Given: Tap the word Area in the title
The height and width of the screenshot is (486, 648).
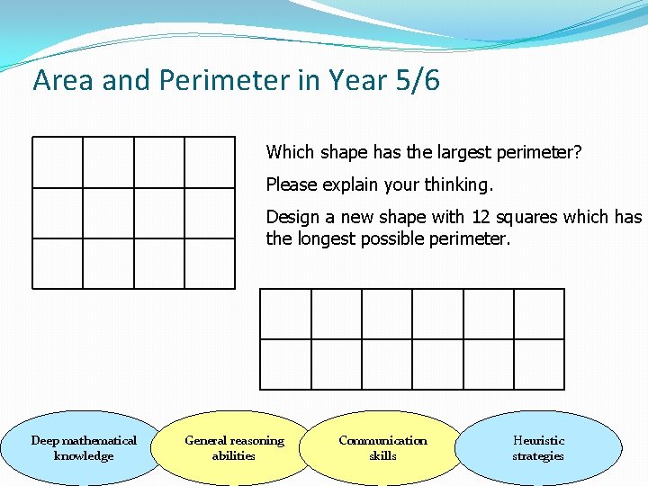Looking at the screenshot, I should point(64,81).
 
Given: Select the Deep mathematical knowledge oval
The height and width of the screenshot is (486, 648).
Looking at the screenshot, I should point(84,447).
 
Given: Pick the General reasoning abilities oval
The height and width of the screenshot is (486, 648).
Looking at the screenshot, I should point(234,447).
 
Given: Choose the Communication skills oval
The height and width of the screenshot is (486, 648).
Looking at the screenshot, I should point(382,447).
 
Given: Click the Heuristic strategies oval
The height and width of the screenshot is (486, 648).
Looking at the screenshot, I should point(538,447).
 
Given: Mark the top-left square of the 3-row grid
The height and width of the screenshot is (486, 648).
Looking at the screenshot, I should point(58,162).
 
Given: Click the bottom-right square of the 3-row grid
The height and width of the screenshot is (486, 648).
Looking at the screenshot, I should point(210,264).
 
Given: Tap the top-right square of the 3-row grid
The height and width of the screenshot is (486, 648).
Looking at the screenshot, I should point(210,162).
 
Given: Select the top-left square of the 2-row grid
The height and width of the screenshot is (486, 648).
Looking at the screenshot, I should point(285,314).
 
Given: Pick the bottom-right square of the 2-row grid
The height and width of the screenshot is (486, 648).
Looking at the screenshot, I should point(539,364).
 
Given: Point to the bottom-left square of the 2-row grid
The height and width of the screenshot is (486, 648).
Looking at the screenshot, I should point(285,364).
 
